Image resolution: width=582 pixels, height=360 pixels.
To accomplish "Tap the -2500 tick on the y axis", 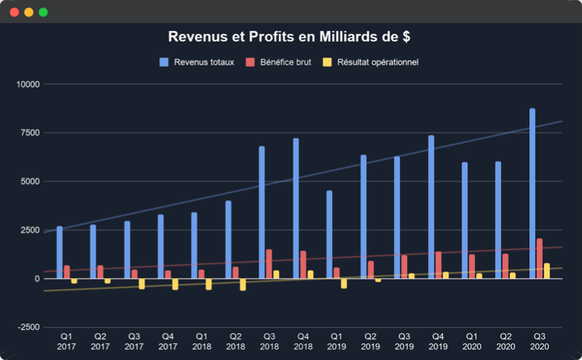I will (27, 328).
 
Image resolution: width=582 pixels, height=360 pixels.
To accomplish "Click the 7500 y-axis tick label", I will (30, 133).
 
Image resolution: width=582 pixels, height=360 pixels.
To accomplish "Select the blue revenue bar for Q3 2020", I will (532, 194).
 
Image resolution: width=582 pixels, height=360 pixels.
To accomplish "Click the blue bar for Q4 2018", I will (295, 209).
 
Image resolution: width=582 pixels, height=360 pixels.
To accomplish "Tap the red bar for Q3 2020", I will (540, 258).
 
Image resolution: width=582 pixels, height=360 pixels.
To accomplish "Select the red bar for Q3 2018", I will (269, 264).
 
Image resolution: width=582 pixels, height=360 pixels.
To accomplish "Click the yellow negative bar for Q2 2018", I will (243, 284).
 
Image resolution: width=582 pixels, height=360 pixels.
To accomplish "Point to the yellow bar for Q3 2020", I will (547, 271).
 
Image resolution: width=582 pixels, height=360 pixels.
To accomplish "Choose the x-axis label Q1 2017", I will (66, 341).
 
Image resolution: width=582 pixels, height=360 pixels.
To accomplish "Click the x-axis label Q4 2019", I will (437, 341).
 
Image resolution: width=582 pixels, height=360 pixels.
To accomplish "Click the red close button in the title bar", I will (14, 12).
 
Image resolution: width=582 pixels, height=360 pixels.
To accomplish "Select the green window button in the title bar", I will (43, 12).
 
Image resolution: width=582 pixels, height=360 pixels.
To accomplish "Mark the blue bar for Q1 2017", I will (60, 253).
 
